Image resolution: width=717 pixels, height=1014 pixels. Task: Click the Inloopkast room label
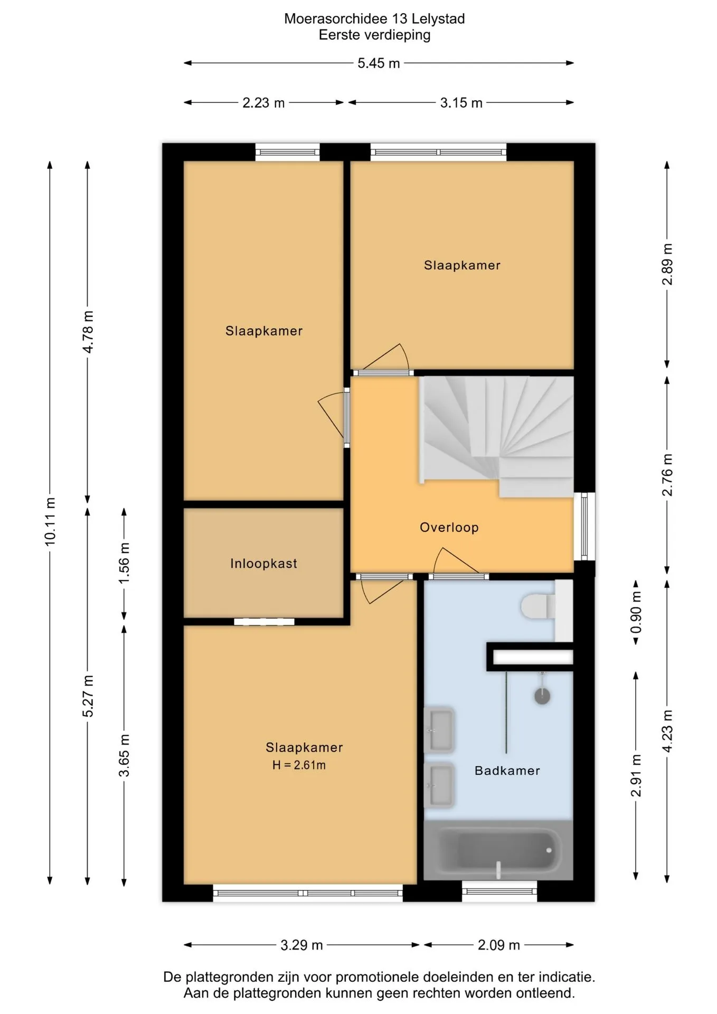[263, 564]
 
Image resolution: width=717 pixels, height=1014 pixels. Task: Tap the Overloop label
[449, 527]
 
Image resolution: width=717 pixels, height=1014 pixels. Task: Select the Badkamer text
[507, 771]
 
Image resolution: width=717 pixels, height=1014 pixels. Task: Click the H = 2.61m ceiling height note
[299, 765]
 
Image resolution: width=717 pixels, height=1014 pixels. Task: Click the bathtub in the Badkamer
[498, 850]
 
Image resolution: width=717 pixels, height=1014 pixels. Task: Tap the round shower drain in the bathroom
[542, 696]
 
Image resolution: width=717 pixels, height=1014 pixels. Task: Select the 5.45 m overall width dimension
[379, 63]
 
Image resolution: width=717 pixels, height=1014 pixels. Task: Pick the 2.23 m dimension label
[263, 102]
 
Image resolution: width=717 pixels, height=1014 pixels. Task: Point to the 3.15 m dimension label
[461, 102]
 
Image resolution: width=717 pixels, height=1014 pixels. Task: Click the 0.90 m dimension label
[636, 612]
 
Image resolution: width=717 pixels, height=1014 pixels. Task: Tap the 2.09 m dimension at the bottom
[499, 945]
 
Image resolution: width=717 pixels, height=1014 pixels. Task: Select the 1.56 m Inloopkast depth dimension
[124, 563]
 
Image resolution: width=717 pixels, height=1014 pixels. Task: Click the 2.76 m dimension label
[667, 475]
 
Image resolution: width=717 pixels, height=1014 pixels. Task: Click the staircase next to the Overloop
[496, 436]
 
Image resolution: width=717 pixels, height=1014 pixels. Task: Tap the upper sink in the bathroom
[439, 729]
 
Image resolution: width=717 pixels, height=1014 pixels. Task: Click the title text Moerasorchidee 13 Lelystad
[374, 18]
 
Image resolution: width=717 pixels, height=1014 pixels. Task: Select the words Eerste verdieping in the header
[374, 35]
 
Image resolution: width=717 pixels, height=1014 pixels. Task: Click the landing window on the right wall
[584, 526]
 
